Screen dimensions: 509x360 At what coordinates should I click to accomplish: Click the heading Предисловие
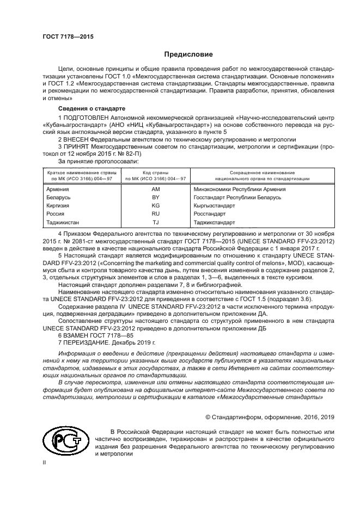[x=185, y=54]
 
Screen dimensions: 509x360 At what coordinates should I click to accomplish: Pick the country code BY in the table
[x=155, y=198]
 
